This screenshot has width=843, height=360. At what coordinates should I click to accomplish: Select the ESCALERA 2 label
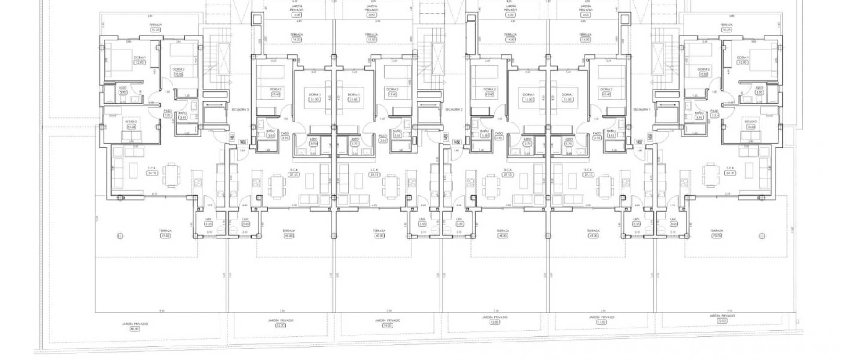[x=453, y=109]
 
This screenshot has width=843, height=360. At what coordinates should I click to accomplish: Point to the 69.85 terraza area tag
[x=166, y=236]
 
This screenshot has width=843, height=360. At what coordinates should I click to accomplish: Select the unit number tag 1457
[x=639, y=142]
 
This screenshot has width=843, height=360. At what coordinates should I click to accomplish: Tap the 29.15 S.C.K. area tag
[x=374, y=175]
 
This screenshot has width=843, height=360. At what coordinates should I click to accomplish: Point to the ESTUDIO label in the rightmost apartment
[x=751, y=122]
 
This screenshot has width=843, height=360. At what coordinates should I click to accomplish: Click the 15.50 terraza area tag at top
[x=371, y=40]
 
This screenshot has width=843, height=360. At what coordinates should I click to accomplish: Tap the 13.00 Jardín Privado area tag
[x=280, y=325]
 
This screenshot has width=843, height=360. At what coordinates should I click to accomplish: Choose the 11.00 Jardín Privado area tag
[x=601, y=322]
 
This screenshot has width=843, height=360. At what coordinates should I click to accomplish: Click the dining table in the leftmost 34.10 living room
[x=171, y=174]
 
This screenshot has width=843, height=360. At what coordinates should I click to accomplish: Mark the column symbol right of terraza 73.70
[x=763, y=236]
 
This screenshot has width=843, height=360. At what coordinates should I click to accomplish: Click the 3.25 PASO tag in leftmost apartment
[x=167, y=115]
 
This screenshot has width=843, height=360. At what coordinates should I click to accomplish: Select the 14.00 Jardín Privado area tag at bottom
[x=387, y=325]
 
